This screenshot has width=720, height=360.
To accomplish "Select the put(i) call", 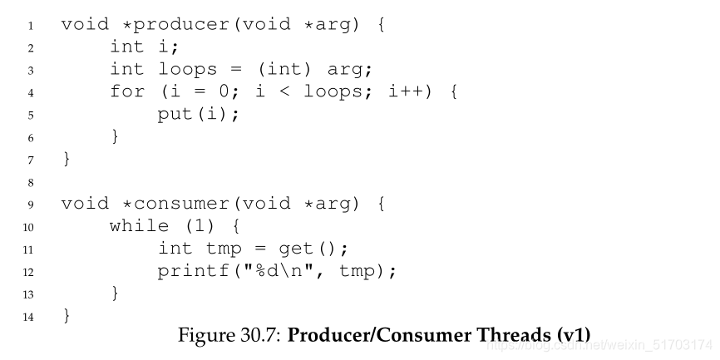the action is (198, 114).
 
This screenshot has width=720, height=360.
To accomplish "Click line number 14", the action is (27, 317).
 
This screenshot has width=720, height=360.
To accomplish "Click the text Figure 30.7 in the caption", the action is (227, 335).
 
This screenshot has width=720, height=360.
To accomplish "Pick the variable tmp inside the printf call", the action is (358, 271).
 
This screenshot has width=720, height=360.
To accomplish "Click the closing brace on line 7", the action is (67, 159).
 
